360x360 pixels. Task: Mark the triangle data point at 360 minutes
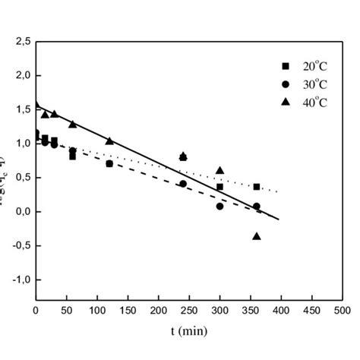coord(256,236)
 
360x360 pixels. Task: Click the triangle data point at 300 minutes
coord(219,171)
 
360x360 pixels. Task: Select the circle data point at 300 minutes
coord(219,206)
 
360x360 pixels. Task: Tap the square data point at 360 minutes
coord(256,187)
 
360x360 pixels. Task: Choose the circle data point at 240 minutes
coord(183,184)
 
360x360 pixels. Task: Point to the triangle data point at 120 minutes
coord(109,141)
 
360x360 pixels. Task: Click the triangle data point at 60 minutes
coord(72,124)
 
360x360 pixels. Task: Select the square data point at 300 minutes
coord(219,187)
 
